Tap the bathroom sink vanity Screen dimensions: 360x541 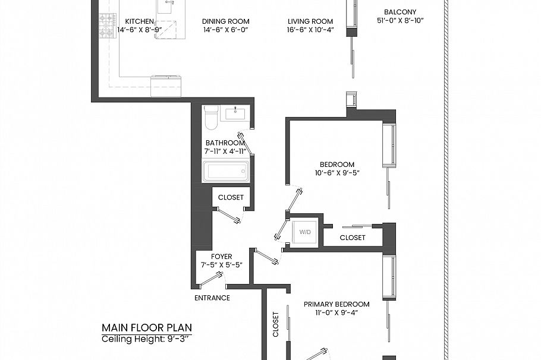click(x=236, y=113)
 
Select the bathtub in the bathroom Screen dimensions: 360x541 click(x=225, y=172)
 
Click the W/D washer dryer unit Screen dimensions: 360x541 click(x=304, y=232)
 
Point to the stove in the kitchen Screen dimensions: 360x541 click(x=107, y=26)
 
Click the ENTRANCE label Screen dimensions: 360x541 click(x=212, y=298)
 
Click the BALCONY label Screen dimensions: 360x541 click(x=400, y=12)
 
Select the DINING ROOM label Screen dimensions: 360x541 click(x=226, y=21)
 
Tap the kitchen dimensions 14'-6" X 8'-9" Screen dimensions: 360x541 click(x=140, y=29)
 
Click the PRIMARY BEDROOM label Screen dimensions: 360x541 click(x=336, y=304)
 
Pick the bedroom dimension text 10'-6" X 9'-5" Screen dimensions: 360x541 click(x=337, y=173)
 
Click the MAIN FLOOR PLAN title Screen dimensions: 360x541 click(x=146, y=327)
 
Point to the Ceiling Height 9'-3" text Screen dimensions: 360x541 click(x=146, y=339)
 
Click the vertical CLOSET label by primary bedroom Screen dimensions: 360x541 click(x=276, y=324)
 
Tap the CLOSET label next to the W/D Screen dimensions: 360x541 click(x=353, y=238)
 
